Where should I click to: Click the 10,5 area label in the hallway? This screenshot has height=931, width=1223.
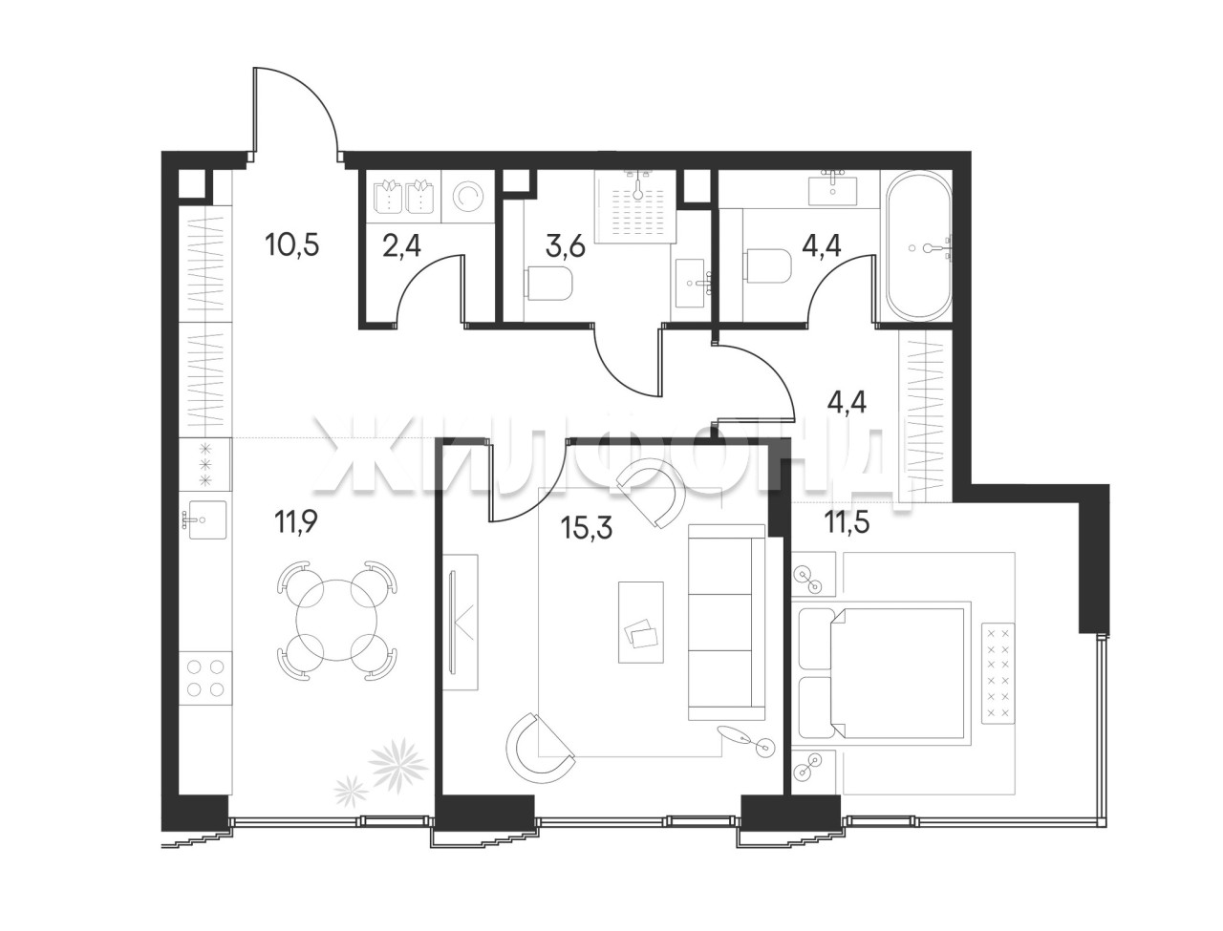coord(292,244)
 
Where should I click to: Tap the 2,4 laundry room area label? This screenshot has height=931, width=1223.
coord(401,245)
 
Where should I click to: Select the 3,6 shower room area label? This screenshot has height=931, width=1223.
coord(566,245)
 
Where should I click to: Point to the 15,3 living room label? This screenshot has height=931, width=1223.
coord(588,527)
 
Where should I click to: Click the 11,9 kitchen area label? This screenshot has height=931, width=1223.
coord(295,522)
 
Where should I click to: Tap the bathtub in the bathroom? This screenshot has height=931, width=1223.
coord(918,245)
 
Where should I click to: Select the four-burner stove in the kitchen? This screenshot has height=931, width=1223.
coord(205,677)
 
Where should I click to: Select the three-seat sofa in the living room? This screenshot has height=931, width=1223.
coord(726,622)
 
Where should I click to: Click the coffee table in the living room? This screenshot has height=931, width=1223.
coord(641,622)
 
